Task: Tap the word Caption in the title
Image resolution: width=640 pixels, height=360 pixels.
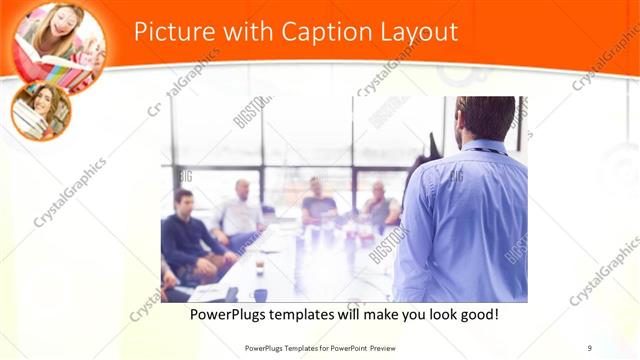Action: (x=317, y=31)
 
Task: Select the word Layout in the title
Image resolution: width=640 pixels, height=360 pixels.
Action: (x=416, y=31)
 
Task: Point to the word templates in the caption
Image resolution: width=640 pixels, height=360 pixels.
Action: (x=315, y=315)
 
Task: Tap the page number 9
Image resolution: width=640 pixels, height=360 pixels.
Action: (x=590, y=348)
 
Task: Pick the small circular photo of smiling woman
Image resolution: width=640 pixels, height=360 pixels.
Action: (x=41, y=111)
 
